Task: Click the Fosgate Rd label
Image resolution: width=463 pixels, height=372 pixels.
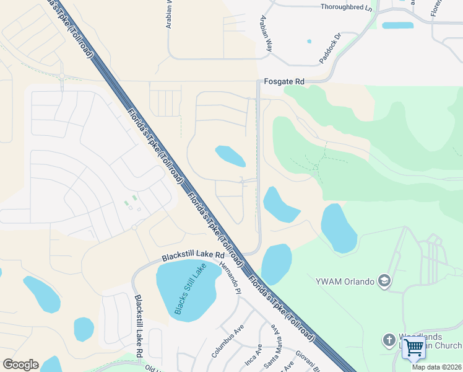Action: pos(284,81)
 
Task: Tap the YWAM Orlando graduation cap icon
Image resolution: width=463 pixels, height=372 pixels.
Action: pos(384,281)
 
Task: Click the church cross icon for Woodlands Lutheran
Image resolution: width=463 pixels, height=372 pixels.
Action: pos(389,340)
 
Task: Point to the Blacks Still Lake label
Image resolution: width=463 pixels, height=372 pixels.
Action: pos(190,289)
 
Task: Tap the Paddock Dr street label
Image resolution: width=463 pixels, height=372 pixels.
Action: pos(330,45)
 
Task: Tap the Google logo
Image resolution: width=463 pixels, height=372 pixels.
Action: pos(20,365)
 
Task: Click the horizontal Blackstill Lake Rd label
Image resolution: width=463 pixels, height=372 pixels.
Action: pos(193,255)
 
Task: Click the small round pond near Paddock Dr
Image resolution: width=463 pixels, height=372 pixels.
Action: pos(309,42)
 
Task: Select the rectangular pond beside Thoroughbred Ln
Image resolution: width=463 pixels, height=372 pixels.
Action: pos(397,25)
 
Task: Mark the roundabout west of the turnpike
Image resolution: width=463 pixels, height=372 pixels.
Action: pos(62,76)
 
